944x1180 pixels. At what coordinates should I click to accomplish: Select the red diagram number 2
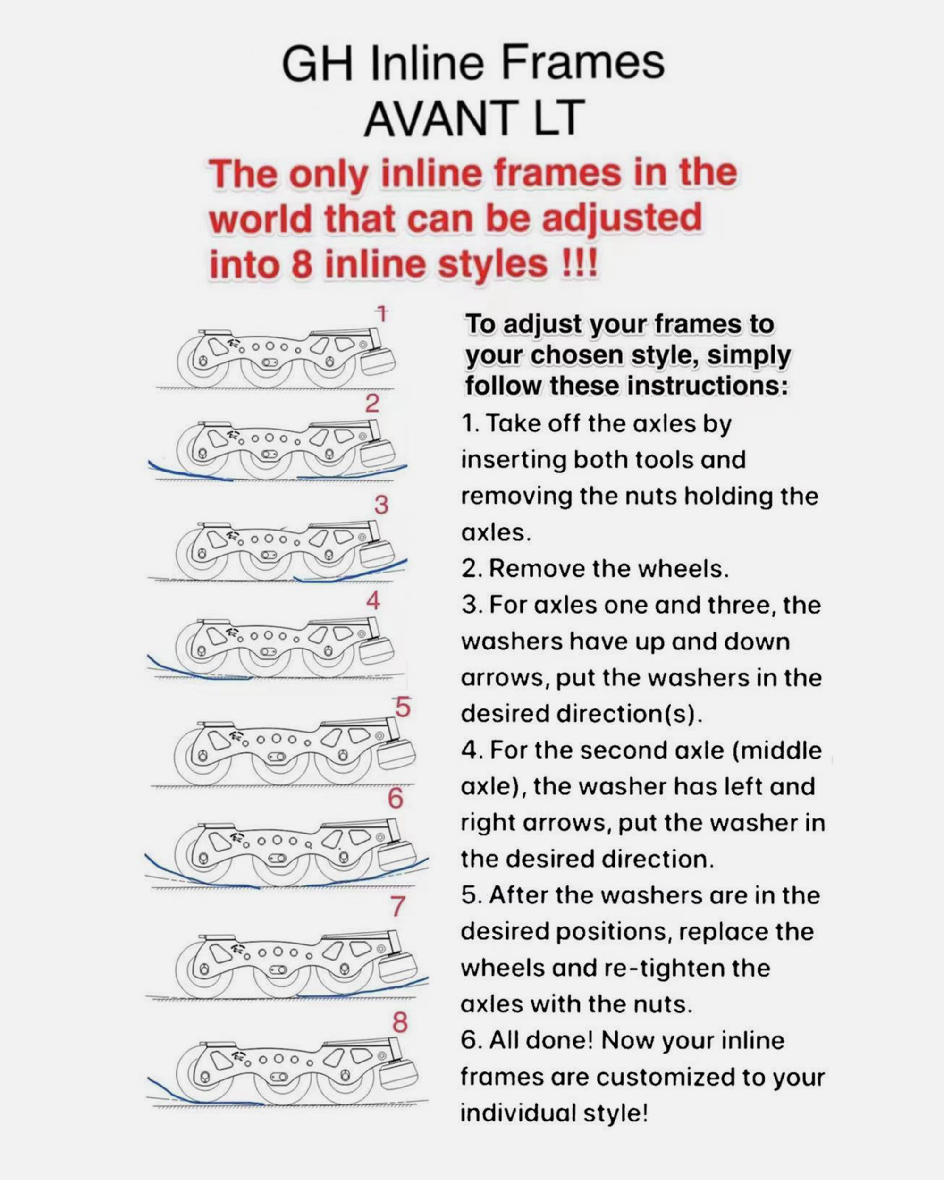tap(372, 404)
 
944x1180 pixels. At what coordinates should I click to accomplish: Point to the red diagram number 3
tap(381, 505)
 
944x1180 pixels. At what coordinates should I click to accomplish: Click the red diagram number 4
tap(373, 600)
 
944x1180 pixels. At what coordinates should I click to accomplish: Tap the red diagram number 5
tap(403, 708)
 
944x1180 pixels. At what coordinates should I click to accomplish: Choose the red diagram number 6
tap(396, 799)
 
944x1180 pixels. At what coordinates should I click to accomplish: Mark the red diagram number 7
tap(398, 906)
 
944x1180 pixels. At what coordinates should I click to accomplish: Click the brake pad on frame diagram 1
tap(378, 361)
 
